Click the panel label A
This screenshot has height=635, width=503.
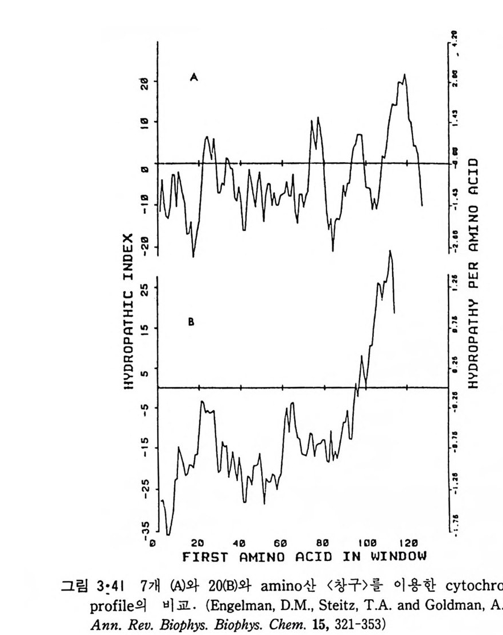tap(193, 79)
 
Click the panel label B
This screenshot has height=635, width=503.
tap(191, 322)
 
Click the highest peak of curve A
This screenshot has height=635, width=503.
tap(405, 74)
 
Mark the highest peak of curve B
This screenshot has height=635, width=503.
tap(390, 250)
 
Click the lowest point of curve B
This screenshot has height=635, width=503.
tap(168, 534)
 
